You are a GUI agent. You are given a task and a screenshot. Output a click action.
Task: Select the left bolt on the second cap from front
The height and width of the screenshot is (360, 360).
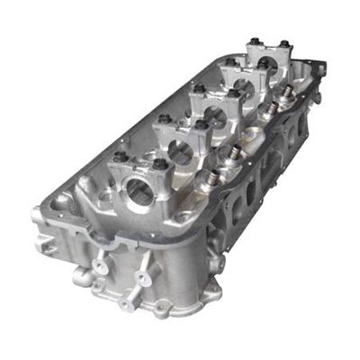coord(163,119)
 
